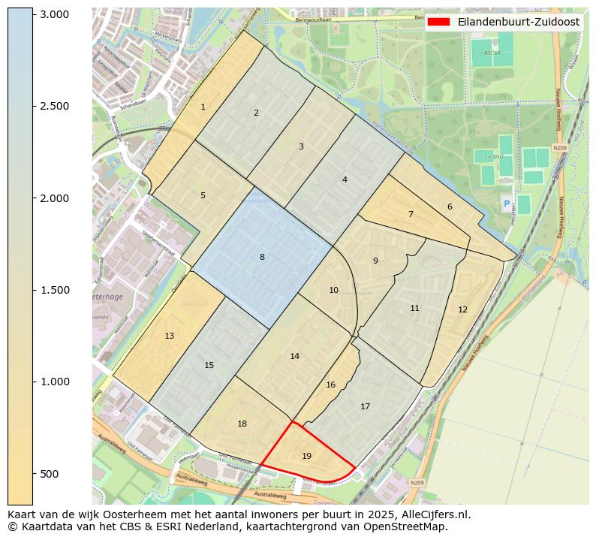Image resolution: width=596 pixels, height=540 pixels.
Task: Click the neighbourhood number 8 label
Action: point(262,257)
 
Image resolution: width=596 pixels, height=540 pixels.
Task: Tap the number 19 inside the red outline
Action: point(306,456)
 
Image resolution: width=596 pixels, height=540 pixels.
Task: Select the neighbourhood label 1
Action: point(203,107)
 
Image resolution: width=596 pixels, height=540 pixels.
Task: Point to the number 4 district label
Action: point(345,179)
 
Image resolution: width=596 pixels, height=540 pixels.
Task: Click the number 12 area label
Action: point(462,309)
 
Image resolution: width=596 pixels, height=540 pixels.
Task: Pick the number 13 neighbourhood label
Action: point(169,336)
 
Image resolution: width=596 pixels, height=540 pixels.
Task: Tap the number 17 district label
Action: point(365,406)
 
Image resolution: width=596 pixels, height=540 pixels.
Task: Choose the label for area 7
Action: point(411,214)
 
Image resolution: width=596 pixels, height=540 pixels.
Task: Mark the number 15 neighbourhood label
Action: point(209,365)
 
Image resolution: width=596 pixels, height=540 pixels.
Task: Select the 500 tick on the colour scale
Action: point(49,474)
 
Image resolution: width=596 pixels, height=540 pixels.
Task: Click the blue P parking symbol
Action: point(506,204)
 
